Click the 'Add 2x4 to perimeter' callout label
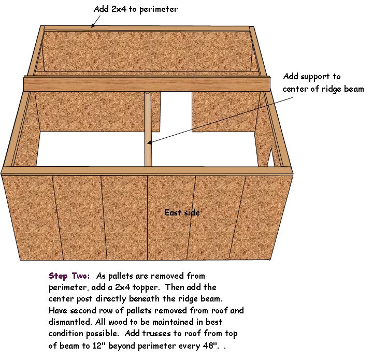136,9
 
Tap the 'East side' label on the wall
182,212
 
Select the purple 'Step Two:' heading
69,276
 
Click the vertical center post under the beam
148,129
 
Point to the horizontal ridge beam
147,83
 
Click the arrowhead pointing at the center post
149,142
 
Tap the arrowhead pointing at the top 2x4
93,26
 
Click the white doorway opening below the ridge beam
176,111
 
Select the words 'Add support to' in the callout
312,77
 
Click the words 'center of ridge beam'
323,89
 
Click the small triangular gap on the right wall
271,158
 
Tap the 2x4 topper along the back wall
147,28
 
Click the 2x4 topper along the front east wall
147,171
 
